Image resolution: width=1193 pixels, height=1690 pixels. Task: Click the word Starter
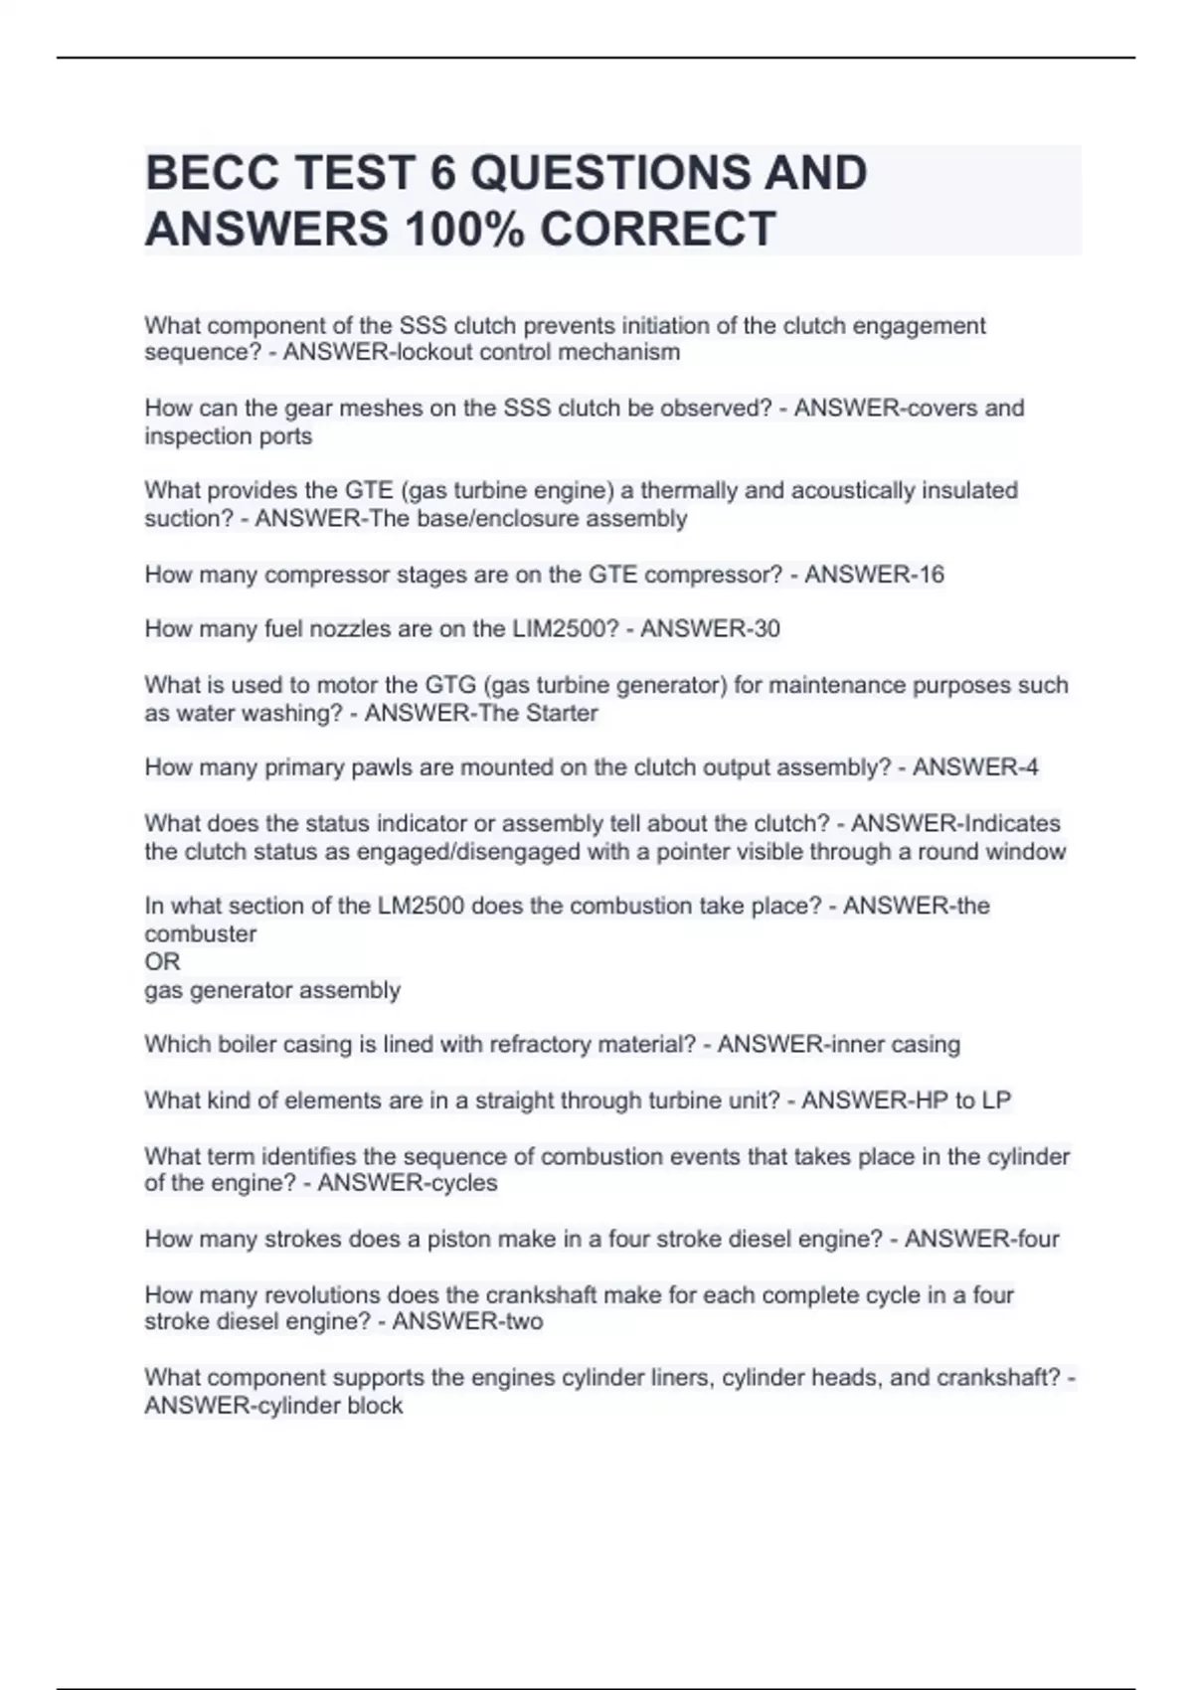[x=562, y=714]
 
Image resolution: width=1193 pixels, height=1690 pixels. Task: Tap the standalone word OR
[x=162, y=962]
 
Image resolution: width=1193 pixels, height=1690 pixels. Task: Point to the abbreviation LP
[x=996, y=1100]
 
